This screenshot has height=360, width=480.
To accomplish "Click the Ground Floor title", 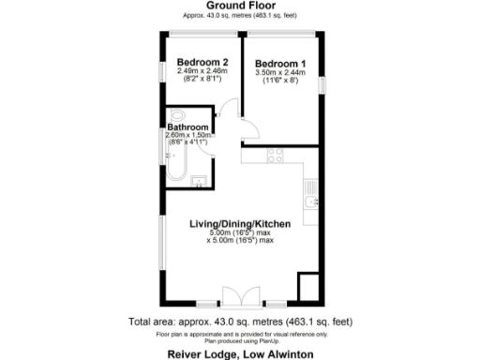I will [240, 5].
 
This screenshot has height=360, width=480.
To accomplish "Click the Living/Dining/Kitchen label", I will [240, 224].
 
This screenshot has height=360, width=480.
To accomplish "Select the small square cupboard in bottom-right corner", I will [308, 287].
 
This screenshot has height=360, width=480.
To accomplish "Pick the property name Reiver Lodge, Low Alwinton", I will [240, 353].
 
